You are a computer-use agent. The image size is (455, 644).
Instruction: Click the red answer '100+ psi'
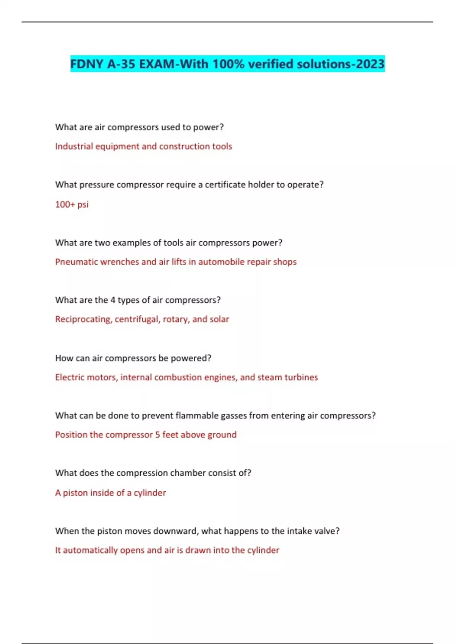click(72, 205)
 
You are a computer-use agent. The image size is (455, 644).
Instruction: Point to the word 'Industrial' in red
click(74, 147)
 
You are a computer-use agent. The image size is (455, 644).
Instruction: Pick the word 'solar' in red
click(220, 319)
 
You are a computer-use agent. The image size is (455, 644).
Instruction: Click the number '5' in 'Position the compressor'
click(157, 435)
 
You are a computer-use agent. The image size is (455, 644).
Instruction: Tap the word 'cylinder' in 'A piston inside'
click(150, 493)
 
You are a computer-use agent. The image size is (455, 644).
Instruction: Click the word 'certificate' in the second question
click(225, 185)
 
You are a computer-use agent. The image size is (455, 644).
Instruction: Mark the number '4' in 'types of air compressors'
click(113, 300)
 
